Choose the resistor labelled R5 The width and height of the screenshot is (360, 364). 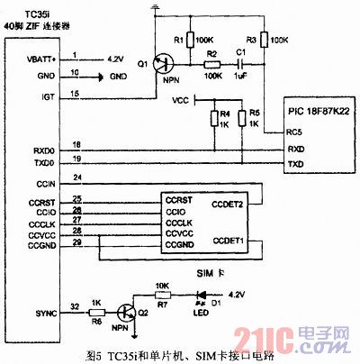click(243, 117)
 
